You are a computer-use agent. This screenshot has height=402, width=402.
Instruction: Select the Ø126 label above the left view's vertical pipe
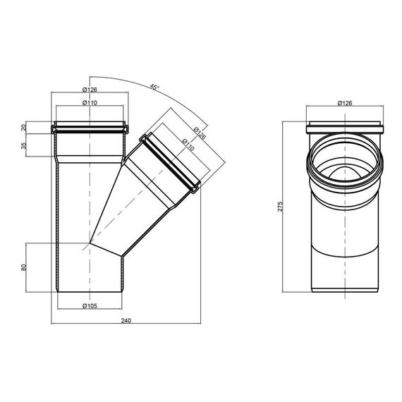(90, 90)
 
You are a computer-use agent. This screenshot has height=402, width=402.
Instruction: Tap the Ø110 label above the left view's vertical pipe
(90, 103)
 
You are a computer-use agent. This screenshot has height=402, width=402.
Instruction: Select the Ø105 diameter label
(89, 306)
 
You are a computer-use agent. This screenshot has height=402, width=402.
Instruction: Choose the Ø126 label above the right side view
(346, 103)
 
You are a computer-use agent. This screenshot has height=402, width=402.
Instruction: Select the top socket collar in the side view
(346, 129)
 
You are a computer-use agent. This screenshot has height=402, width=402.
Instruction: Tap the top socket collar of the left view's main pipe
(90, 128)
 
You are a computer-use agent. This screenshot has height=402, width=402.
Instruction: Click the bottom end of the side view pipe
(346, 289)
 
